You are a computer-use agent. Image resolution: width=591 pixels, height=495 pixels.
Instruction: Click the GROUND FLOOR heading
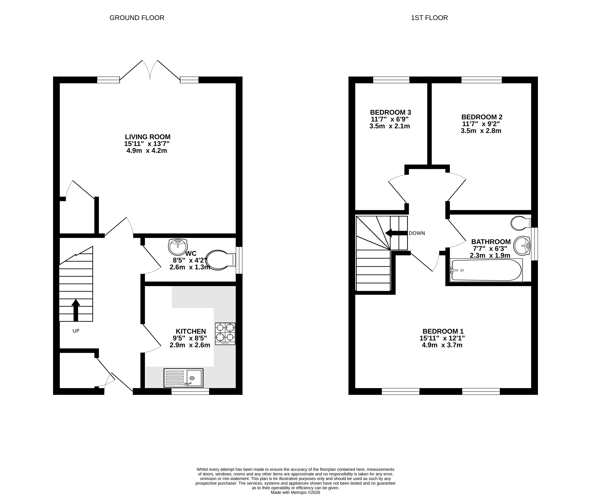pos(137,18)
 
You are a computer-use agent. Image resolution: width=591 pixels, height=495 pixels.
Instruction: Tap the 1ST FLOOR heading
pos(429,18)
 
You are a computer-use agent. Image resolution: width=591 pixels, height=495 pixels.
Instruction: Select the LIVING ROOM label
pos(148,137)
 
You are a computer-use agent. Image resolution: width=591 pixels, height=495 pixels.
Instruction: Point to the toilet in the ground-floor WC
pos(221,260)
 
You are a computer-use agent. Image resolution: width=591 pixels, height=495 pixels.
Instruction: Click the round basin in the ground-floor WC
pos(178,247)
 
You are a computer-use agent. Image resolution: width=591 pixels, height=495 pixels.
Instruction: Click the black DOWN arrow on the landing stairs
pos(396,233)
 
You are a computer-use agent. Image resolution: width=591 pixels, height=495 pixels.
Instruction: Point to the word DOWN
pos(417,233)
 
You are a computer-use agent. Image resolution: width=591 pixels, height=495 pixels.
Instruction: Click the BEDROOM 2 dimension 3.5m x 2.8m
pos(481,131)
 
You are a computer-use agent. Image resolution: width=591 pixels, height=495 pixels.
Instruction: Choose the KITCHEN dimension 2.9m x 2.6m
pos(190,345)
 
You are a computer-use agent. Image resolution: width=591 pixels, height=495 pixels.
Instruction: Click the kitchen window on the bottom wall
pos(190,391)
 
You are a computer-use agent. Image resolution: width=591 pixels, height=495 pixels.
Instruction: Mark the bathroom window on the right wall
pos(534,244)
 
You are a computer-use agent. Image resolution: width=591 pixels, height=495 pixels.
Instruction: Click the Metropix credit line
pos(296,492)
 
